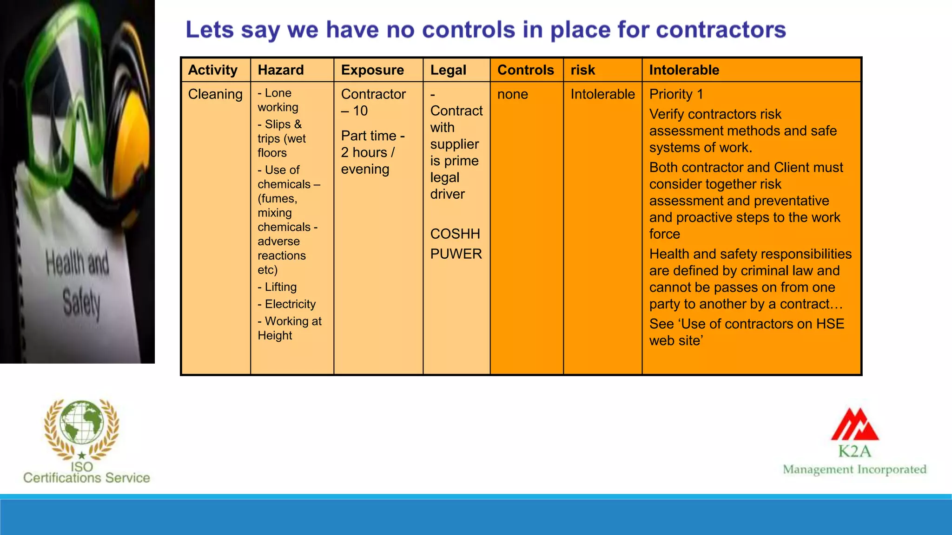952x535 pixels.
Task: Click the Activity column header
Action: pos(212,70)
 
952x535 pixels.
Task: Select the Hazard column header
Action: pos(281,70)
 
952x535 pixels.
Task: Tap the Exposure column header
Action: pos(372,70)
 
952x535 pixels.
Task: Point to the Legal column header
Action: pos(448,70)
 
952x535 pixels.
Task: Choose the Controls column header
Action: pos(525,70)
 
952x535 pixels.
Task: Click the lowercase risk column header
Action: pos(582,70)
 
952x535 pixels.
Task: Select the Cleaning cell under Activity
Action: pos(215,94)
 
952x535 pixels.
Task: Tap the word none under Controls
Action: pos(512,94)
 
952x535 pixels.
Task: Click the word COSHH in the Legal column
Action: pos(455,234)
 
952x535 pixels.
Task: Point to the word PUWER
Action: pos(456,254)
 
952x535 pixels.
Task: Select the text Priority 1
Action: pos(676,94)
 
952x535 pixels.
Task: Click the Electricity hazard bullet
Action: pos(287,304)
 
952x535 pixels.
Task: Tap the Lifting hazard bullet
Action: pos(278,287)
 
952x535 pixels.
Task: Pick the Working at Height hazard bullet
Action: pos(289,328)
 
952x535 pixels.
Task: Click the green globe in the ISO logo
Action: pos(82,422)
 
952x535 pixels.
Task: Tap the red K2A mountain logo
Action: pos(854,424)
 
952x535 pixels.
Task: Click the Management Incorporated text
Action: pos(854,470)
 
